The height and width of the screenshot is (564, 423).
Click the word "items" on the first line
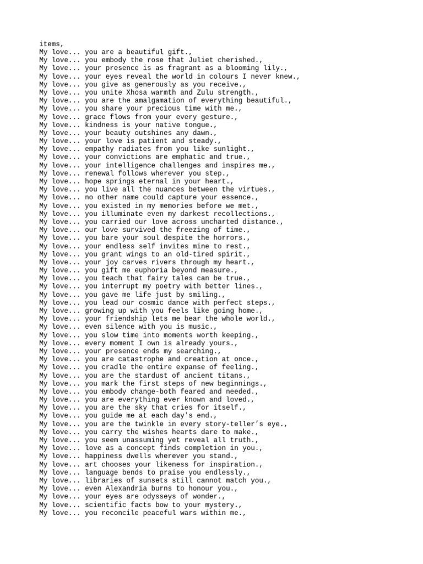point(50,44)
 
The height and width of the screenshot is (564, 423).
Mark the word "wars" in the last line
point(185,513)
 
